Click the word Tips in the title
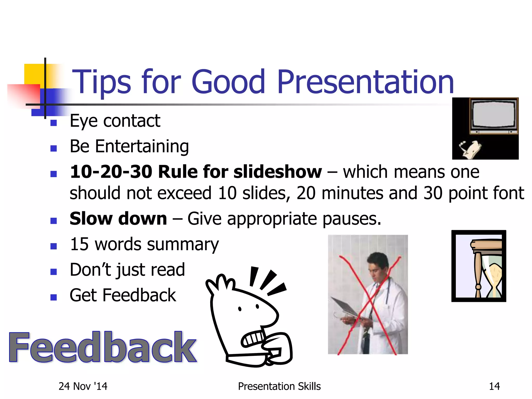click(101, 82)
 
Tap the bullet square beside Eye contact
click(54, 123)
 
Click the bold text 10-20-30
click(111, 172)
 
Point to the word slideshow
click(277, 172)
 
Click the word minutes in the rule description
click(352, 193)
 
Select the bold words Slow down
click(118, 218)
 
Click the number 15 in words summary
click(79, 244)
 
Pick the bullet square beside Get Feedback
click(54, 297)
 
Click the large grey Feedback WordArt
click(103, 348)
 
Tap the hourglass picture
click(479, 266)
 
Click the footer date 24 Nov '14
click(83, 386)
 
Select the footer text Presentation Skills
click(279, 386)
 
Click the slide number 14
click(494, 386)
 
